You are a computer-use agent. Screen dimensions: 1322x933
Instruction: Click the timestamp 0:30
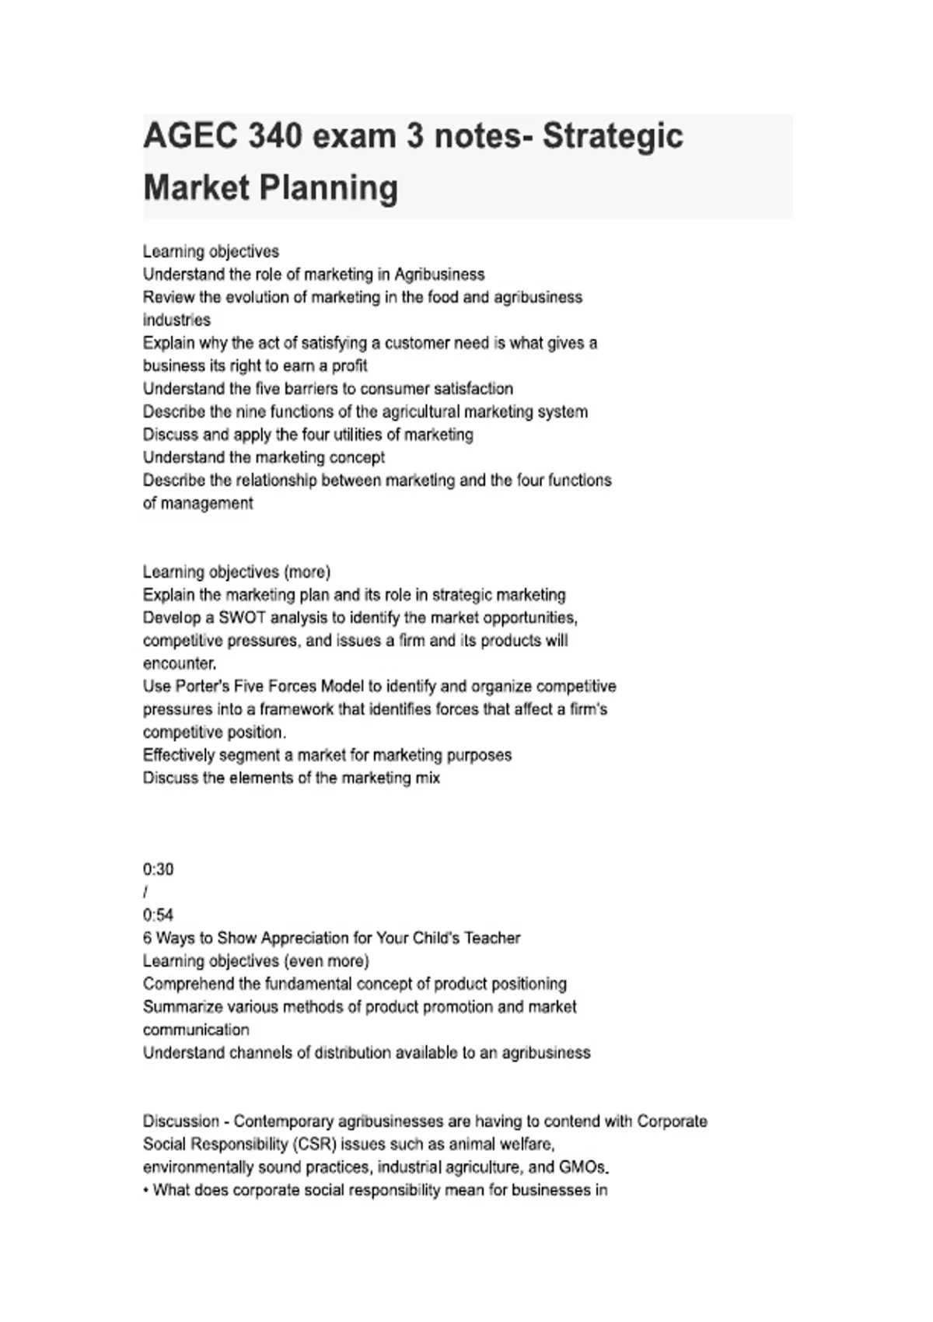(x=158, y=869)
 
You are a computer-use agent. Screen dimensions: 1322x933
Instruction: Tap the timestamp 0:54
(x=158, y=915)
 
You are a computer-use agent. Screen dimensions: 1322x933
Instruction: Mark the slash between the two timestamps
(x=145, y=892)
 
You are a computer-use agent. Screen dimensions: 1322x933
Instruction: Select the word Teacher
(x=492, y=938)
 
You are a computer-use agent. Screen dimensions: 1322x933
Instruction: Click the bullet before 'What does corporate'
(x=146, y=1191)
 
